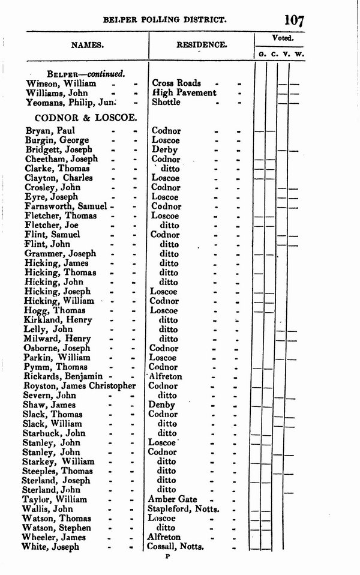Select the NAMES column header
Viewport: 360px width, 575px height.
(x=88, y=44)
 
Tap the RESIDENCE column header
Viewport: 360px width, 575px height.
(x=202, y=44)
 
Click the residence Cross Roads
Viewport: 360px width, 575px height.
(x=176, y=83)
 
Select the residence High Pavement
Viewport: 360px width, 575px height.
(x=184, y=93)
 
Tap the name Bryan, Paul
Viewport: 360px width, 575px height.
(x=50, y=130)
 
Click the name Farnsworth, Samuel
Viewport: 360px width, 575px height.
(x=66, y=206)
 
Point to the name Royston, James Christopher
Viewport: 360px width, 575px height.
(x=79, y=386)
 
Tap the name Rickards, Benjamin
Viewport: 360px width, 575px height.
(x=61, y=376)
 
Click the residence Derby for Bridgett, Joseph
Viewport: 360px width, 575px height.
(x=165, y=149)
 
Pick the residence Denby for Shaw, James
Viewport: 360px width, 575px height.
(x=164, y=405)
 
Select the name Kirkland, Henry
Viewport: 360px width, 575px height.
(x=57, y=320)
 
